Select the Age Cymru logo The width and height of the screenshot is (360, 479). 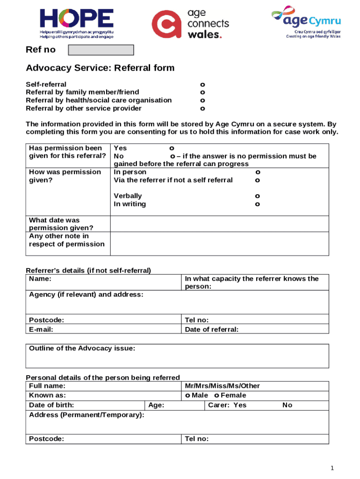pyautogui.click(x=306, y=23)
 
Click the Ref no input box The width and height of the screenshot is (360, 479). pyautogui.click(x=101, y=50)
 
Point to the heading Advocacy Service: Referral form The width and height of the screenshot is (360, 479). pyautogui.click(x=100, y=68)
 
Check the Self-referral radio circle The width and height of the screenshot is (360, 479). pyautogui.click(x=202, y=85)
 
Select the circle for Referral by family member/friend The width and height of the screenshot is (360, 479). pyautogui.click(x=202, y=93)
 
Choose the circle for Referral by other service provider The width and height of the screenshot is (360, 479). pyautogui.click(x=202, y=109)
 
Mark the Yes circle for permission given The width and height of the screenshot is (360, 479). pyautogui.click(x=172, y=148)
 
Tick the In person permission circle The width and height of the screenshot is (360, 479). pyautogui.click(x=258, y=172)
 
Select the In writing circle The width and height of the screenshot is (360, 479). pyautogui.click(x=258, y=204)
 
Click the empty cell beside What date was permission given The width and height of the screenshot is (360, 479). pyautogui.click(x=219, y=224)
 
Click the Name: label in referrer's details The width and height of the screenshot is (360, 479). pyautogui.click(x=40, y=279)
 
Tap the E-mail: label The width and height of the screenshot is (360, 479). pyautogui.click(x=41, y=329)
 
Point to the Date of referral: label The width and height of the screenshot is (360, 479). pyautogui.click(x=212, y=329)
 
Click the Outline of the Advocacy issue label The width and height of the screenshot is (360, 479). pyautogui.click(x=82, y=348)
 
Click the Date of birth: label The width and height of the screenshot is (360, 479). pyautogui.click(x=51, y=405)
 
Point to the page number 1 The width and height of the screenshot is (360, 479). pyautogui.click(x=332, y=468)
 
